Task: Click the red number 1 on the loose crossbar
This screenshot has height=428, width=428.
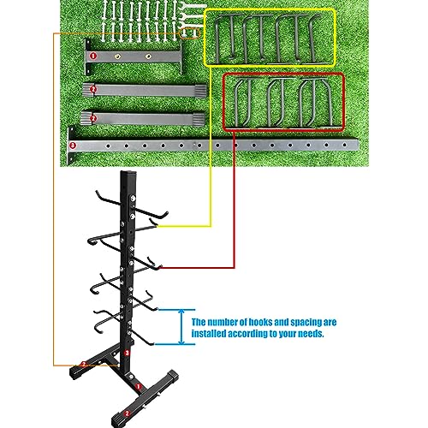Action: point(93,56)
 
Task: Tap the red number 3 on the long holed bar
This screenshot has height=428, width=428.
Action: point(73,146)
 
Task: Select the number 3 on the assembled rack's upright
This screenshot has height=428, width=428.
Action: point(128,354)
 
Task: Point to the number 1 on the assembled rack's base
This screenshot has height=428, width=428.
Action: point(139,387)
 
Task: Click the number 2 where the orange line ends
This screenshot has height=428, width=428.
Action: point(84,365)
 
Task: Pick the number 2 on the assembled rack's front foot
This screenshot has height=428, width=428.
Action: point(128,413)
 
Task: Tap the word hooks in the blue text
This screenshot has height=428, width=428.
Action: point(260,323)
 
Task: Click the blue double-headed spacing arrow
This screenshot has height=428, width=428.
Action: point(181,327)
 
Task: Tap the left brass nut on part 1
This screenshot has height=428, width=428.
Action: point(117,56)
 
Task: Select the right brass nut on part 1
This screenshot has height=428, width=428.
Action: point(148,56)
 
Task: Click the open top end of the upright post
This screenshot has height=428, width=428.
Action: point(129,173)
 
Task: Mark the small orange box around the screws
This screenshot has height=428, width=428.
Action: point(190,33)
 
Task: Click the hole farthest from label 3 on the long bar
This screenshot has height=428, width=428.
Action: point(345,146)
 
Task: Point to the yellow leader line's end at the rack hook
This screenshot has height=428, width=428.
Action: point(158,226)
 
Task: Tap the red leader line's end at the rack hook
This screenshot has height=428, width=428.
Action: point(160,268)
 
